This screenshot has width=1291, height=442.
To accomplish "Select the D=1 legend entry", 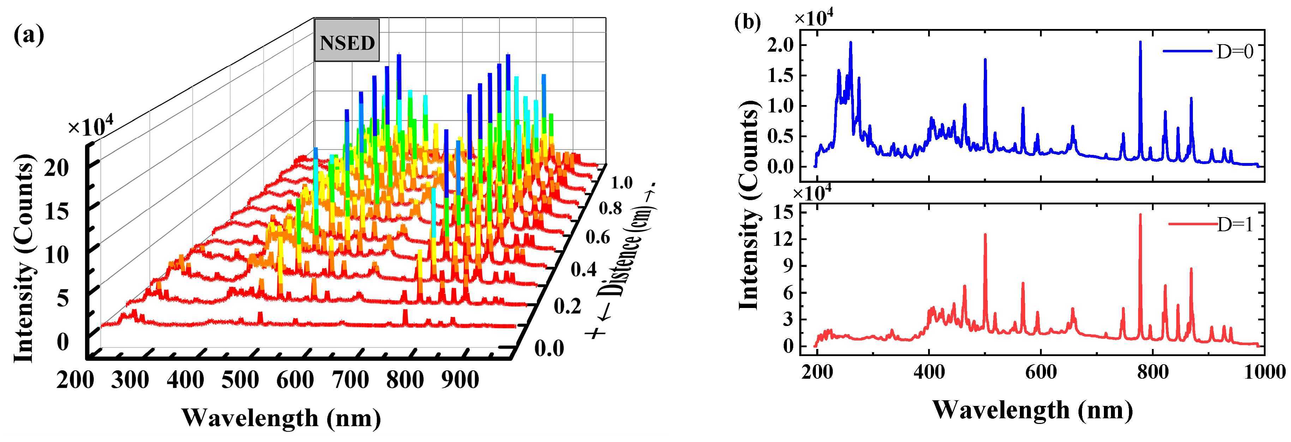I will [x=1210, y=224].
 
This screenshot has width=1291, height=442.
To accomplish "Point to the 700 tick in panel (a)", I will [x=350, y=380].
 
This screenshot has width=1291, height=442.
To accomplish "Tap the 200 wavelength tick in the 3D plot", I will [x=75, y=380].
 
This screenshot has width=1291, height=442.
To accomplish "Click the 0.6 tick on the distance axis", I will [x=597, y=237].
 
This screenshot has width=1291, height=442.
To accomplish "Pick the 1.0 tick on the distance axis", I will [x=621, y=182].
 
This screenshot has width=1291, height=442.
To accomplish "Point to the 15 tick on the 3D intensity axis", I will [x=56, y=212].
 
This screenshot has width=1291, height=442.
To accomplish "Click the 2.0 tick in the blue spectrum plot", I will [x=780, y=45].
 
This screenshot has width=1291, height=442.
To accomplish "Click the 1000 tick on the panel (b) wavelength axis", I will [x=1263, y=372].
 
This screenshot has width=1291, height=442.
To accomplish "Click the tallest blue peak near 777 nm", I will [x=1140, y=43].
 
